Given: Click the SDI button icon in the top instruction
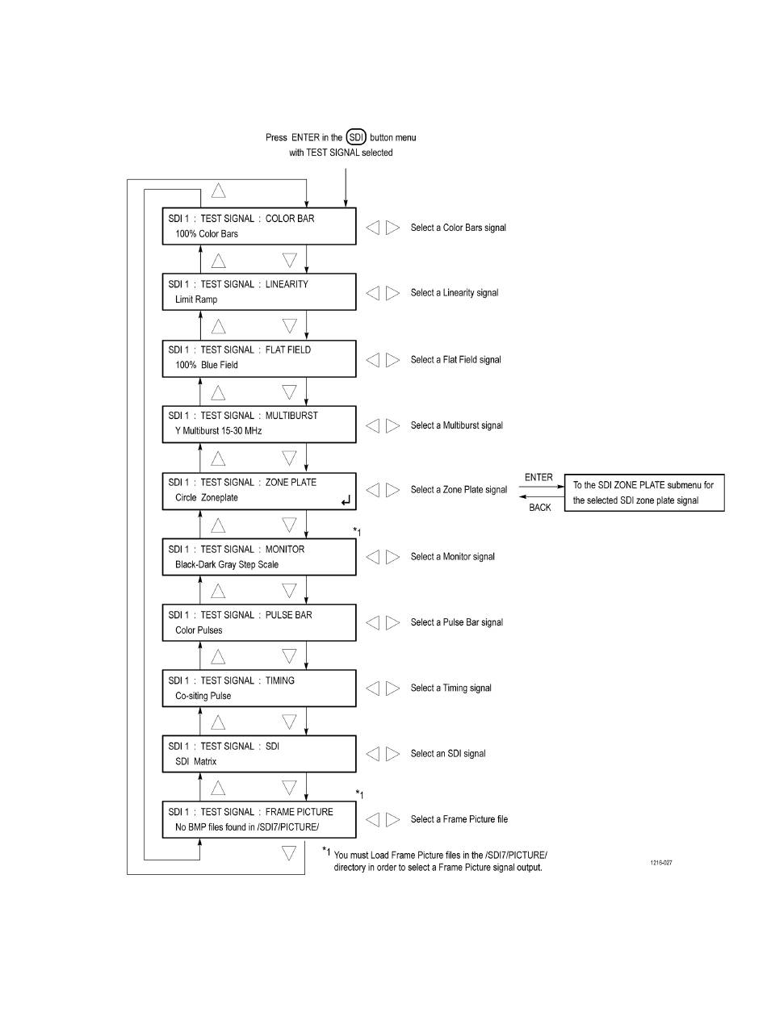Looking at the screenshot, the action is point(355,137).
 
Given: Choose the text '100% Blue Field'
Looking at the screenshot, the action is point(206,365).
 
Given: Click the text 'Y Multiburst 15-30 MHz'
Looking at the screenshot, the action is point(218,431).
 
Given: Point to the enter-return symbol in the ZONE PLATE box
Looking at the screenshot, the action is point(346,500).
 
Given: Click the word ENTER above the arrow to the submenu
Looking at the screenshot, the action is point(539,477).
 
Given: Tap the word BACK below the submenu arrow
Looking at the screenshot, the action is point(540,508).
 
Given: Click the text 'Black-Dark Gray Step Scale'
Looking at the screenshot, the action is point(227,564).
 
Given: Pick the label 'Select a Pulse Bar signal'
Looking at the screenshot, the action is point(456,622).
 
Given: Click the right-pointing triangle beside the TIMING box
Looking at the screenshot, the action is point(392,688).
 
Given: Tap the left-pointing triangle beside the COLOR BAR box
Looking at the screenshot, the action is point(373,227).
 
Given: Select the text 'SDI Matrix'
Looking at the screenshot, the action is point(195,761).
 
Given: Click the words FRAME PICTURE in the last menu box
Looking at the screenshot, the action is point(299,812).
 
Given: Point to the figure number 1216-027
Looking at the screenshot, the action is point(661,863).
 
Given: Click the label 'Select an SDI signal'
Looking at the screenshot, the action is point(448,753).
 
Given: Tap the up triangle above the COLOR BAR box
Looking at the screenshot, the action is point(218,190).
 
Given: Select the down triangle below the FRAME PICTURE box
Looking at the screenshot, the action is point(289,853).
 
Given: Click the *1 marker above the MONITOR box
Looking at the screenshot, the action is point(357,532).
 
